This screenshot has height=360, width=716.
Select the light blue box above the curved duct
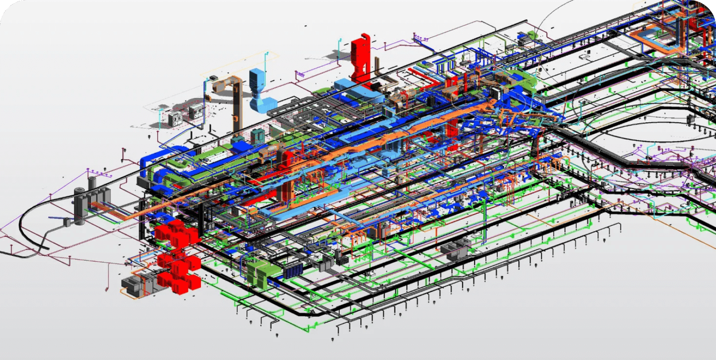click(x=258, y=79)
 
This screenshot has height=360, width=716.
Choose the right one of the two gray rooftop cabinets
click(x=196, y=111)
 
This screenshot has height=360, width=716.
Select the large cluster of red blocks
click(x=178, y=256)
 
